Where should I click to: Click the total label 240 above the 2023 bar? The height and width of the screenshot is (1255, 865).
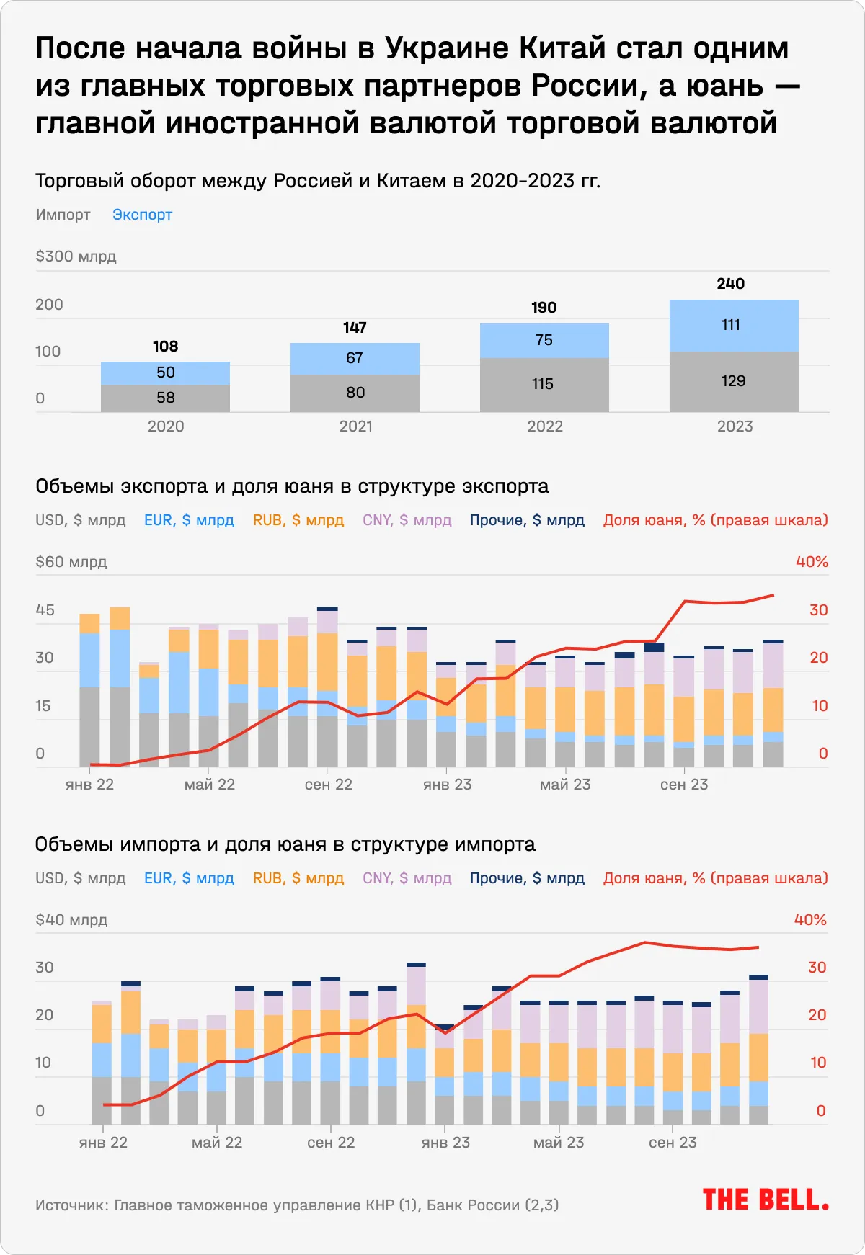[x=730, y=284]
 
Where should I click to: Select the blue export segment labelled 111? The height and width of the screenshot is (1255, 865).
[x=731, y=325]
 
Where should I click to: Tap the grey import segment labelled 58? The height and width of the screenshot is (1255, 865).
[x=166, y=398]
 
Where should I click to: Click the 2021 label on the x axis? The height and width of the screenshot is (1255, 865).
[x=356, y=426]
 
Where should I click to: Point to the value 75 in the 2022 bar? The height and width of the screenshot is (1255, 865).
[x=544, y=340]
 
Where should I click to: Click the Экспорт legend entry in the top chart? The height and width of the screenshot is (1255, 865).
[x=142, y=215]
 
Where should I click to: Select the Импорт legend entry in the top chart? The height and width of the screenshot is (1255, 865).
[x=63, y=215]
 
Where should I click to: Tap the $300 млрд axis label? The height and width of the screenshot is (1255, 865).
[x=76, y=256]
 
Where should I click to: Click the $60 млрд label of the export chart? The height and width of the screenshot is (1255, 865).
[x=71, y=562]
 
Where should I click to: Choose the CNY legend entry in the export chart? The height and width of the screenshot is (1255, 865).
[x=407, y=520]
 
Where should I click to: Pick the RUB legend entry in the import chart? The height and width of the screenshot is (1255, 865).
[x=298, y=878]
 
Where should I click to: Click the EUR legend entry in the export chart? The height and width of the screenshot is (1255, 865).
[x=189, y=520]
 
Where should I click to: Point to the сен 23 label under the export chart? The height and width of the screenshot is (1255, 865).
[x=684, y=785]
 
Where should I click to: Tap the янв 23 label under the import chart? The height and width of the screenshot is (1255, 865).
[x=445, y=1143]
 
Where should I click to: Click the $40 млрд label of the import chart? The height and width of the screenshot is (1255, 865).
[x=71, y=920]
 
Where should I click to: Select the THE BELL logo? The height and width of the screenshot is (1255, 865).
[x=766, y=1200]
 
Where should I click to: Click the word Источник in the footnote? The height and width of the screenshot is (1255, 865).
[x=71, y=1205]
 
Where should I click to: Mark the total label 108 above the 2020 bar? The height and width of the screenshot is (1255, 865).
[x=165, y=347]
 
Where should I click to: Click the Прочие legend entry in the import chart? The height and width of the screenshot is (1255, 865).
[x=527, y=878]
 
